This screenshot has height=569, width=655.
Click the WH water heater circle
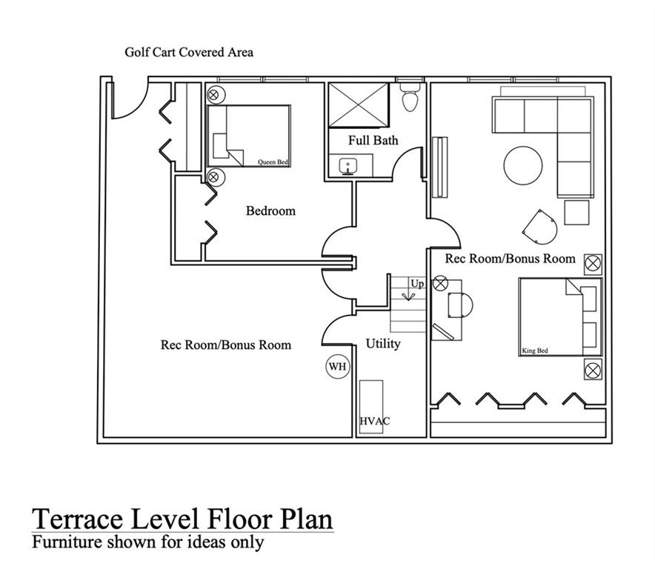[337, 366]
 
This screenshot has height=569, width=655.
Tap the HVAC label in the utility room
[375, 421]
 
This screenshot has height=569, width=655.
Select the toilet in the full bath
[410, 97]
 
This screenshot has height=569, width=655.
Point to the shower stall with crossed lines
[359, 106]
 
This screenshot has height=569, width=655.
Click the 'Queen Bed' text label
[273, 162]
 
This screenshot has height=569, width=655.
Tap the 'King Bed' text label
[535, 350]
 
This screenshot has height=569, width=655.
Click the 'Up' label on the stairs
[417, 284]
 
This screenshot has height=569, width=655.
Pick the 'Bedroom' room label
[270, 211]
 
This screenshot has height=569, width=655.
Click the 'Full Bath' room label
[373, 140]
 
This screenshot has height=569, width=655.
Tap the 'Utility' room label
[383, 344]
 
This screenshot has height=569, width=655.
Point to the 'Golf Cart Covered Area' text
[189, 53]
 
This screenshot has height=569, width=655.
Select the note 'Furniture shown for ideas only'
[147, 542]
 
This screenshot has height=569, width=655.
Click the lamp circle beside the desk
[441, 282]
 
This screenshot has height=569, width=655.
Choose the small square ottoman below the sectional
[576, 213]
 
